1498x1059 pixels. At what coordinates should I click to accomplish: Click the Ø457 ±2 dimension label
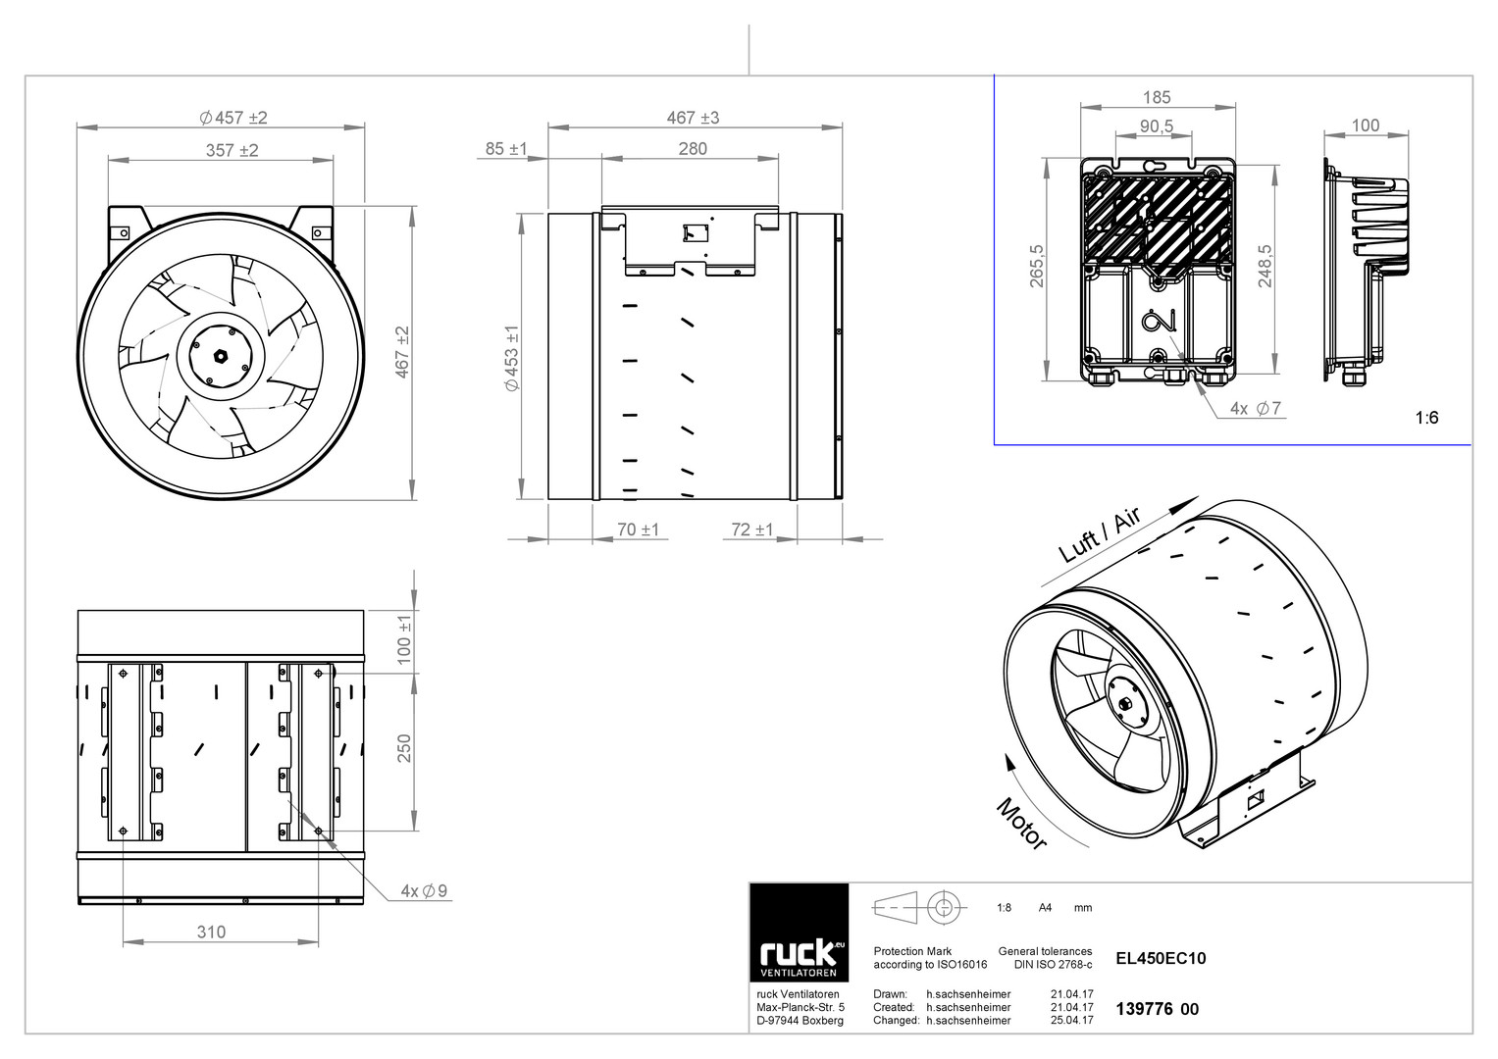tap(233, 118)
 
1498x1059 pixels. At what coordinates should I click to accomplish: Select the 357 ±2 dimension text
tap(232, 150)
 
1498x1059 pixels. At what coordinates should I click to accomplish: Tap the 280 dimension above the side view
tap(693, 148)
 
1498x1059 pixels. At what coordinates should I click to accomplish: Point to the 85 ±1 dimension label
tap(506, 148)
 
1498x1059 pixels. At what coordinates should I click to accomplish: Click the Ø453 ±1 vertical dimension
tap(512, 358)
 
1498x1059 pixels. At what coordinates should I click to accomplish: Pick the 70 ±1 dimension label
tap(638, 529)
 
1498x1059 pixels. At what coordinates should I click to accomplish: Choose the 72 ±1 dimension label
tap(751, 529)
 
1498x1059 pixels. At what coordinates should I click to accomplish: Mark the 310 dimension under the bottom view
tap(211, 932)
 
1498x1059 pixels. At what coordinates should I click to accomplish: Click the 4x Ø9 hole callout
tap(424, 890)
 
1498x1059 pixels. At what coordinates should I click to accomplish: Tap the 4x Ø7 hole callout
tap(1256, 408)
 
